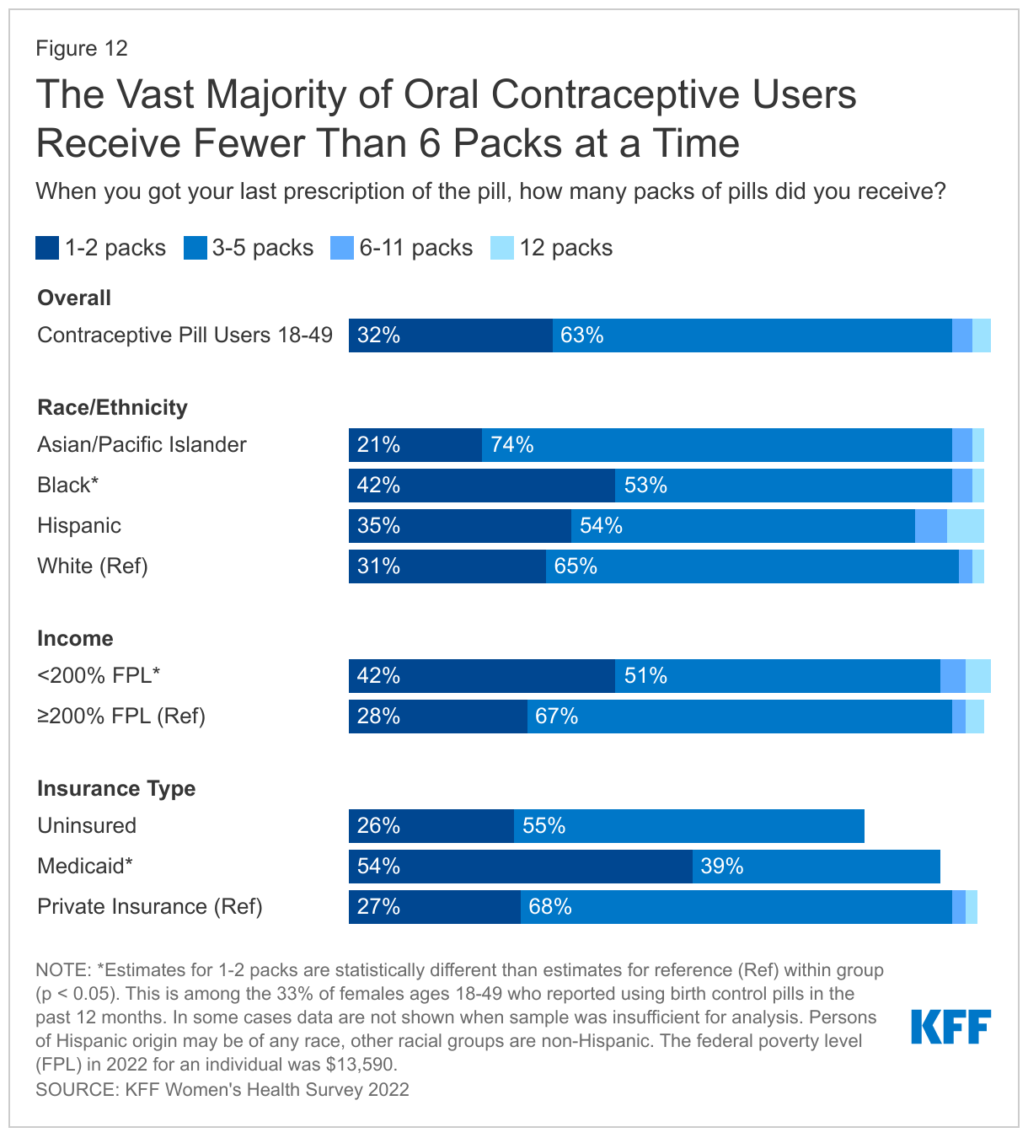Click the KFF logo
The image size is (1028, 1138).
tap(950, 1027)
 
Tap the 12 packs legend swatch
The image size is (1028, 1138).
tap(502, 248)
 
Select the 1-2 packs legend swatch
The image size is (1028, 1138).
tap(47, 248)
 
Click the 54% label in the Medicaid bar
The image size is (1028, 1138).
tap(378, 867)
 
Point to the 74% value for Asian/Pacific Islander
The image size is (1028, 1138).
tap(512, 445)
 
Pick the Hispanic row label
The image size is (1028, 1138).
tap(79, 526)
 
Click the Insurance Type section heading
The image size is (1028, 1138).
tap(116, 788)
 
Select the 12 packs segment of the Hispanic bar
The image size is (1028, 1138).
tap(965, 526)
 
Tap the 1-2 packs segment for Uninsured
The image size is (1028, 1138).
tap(431, 826)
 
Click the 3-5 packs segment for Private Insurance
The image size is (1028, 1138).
tap(736, 907)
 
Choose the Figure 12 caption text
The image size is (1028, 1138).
tap(82, 48)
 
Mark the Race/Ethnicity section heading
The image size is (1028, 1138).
tap(112, 407)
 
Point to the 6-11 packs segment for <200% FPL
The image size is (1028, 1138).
tap(952, 676)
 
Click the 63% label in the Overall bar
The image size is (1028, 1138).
tap(581, 335)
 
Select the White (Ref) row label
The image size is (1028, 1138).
tap(93, 566)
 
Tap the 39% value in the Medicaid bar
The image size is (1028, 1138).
tap(721, 867)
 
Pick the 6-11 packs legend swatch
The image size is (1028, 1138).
tap(342, 248)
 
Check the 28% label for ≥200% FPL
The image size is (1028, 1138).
tap(378, 717)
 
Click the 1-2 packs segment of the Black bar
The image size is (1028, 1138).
tap(482, 486)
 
